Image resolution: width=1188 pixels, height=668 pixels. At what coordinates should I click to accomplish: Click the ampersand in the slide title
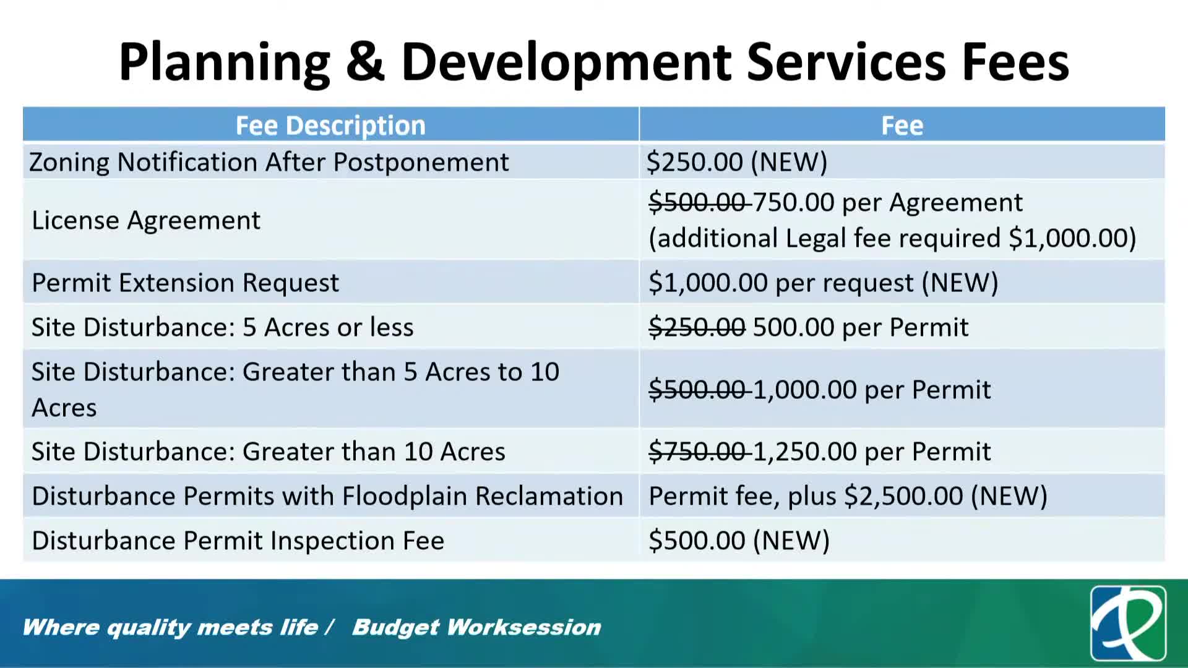(365, 62)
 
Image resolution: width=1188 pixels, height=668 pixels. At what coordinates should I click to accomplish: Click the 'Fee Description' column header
(330, 126)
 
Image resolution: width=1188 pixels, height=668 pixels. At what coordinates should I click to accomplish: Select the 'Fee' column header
(902, 126)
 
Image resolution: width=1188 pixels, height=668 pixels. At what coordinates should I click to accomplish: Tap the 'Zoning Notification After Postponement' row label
(269, 162)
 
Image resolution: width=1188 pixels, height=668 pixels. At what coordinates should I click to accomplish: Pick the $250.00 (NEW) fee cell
(737, 162)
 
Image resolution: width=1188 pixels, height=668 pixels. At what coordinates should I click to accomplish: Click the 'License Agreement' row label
(146, 221)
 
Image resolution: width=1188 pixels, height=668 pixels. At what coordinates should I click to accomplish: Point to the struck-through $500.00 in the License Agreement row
(697, 202)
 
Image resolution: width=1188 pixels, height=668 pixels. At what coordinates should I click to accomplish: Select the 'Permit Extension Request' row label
(185, 283)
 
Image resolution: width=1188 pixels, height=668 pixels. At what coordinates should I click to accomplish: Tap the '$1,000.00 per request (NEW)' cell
(824, 283)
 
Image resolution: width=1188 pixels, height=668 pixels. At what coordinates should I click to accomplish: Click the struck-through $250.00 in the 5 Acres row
(697, 327)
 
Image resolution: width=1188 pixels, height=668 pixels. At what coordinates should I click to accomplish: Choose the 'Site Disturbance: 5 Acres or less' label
(223, 327)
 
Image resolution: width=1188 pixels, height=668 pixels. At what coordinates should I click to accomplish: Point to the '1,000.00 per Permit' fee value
(872, 390)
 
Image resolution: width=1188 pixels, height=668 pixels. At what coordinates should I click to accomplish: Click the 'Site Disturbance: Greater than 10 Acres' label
(269, 452)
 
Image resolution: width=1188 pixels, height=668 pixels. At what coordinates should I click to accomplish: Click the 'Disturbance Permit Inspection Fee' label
(238, 541)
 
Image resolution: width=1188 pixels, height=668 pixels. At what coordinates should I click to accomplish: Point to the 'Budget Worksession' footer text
(476, 627)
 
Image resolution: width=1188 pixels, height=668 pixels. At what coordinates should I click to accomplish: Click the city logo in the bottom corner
(1128, 623)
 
